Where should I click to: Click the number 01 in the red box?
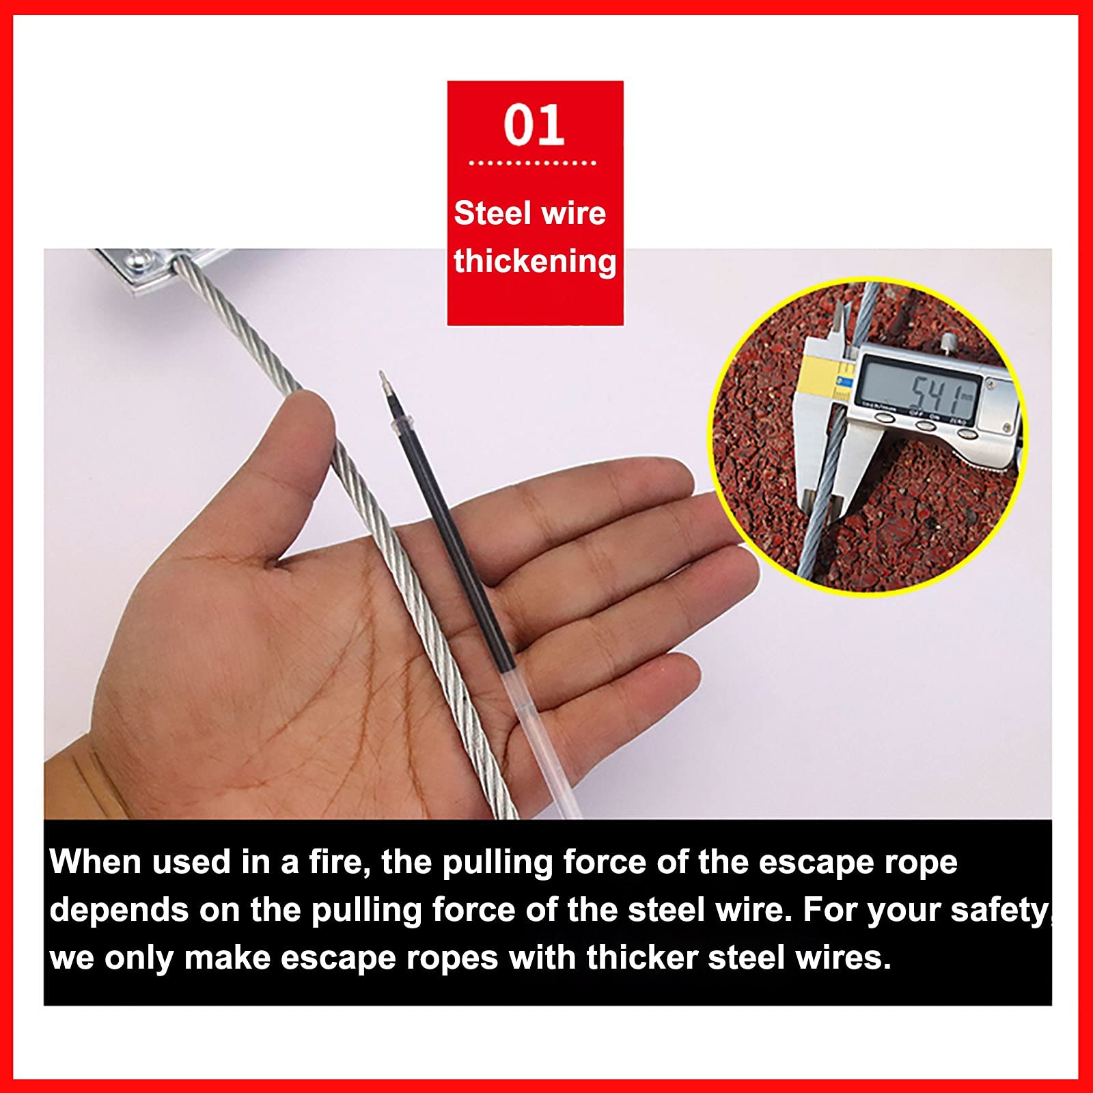[x=534, y=125]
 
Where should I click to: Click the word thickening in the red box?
[x=535, y=262]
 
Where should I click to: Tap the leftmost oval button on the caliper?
[x=886, y=417]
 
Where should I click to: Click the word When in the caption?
[x=96, y=862]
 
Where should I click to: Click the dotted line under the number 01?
[x=533, y=163]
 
